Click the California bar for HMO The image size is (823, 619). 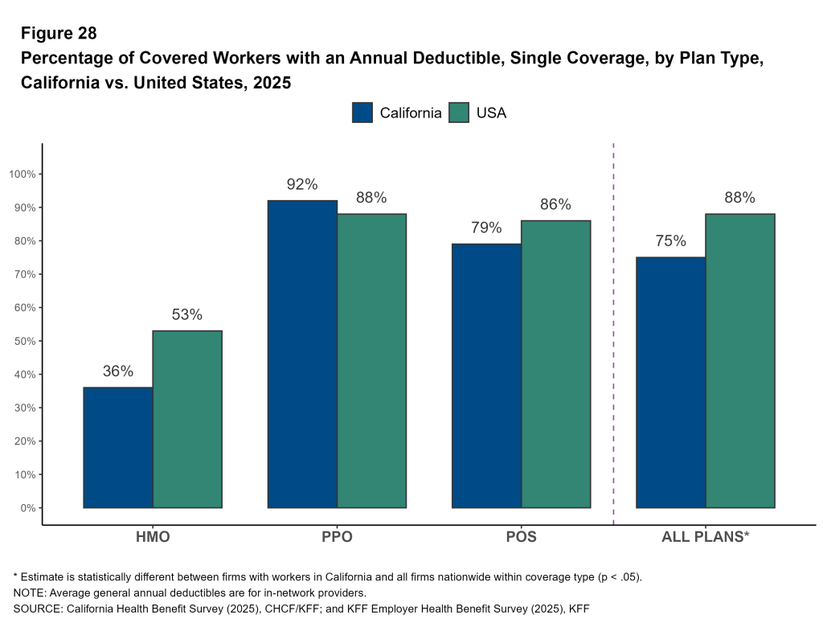coord(118,448)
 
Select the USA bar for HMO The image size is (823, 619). coord(187,419)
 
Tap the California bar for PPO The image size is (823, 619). coord(302,354)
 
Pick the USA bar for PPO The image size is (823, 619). coord(371,361)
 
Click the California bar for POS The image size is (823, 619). coord(486,375)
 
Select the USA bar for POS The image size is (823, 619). coord(555,364)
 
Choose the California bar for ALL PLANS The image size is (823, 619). coord(670,383)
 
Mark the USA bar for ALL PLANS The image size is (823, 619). coord(739,361)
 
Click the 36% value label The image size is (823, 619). coord(118,371)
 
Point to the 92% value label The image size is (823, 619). coord(302,184)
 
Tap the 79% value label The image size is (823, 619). coord(486,228)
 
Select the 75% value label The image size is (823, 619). coord(670,241)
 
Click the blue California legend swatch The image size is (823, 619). coord(362,113)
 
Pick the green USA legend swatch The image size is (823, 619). coord(459,113)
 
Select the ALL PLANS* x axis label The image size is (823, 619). coord(705,537)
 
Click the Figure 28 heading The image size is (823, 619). coord(59,33)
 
